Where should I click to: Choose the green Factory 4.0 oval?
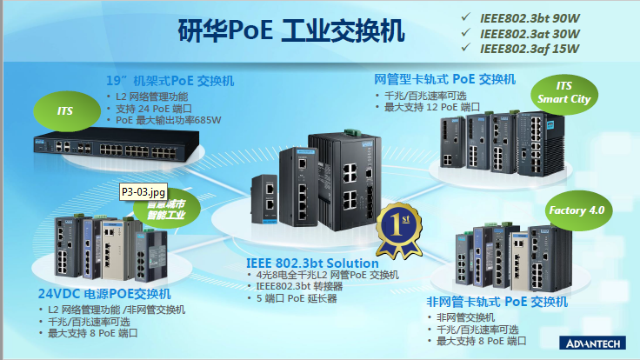tap(576, 210)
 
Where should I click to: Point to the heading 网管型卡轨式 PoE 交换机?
tap(445, 79)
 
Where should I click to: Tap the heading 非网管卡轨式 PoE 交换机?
tap(497, 302)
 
